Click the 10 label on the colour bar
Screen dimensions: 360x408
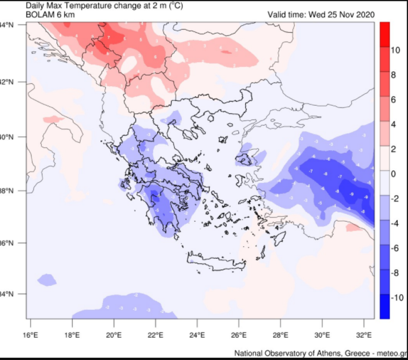pyautogui.click(x=395, y=51)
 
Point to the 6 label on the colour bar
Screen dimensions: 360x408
pyautogui.click(x=393, y=100)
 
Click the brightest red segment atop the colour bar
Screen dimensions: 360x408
pyautogui.click(x=384, y=34)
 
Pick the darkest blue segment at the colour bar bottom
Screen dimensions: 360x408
pyautogui.click(x=384, y=306)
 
